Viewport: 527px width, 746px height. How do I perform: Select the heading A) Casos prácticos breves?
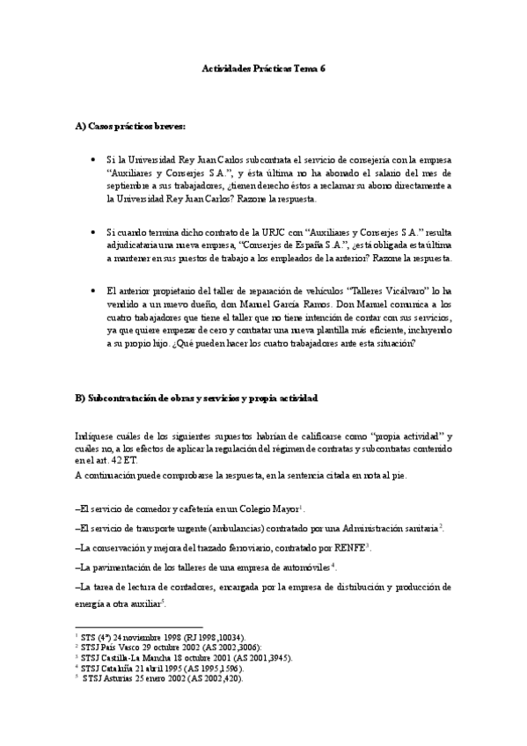[130, 128]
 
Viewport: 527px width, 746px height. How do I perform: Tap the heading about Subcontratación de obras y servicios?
[196, 399]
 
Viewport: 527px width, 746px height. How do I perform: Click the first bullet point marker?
[93, 160]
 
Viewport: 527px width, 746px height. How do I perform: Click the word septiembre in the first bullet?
[131, 186]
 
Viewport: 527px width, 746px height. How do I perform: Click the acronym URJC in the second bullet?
[253, 231]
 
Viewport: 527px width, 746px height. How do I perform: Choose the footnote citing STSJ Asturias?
[161, 678]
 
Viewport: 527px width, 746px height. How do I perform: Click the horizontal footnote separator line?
[127, 625]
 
